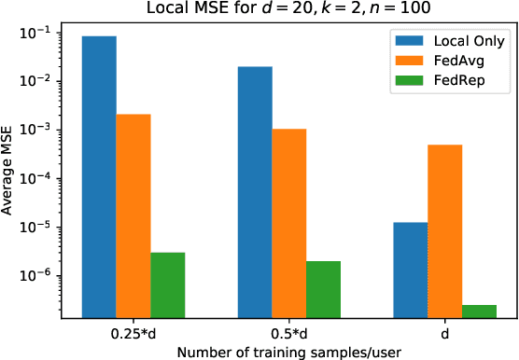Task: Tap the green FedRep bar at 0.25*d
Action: coord(168,285)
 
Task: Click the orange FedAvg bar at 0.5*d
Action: coord(289,224)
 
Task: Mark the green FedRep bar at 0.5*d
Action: coord(324,290)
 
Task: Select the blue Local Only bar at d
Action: coord(411,270)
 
